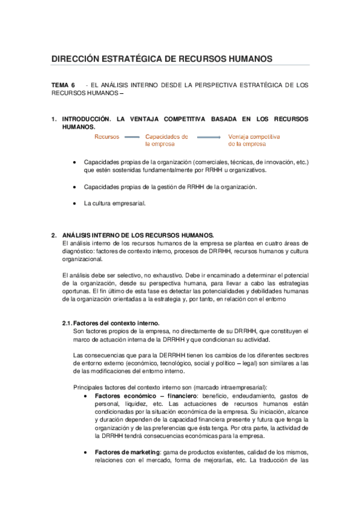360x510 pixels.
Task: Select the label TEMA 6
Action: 63,85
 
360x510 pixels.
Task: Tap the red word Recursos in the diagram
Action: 106,137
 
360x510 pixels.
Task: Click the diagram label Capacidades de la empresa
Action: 166,141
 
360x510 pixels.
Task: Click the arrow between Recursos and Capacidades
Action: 132,137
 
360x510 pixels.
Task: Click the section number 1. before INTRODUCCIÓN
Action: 54,119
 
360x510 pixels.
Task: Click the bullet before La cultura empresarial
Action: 74,203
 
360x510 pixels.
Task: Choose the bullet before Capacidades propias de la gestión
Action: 74,187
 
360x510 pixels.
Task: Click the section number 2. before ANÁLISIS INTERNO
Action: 54,235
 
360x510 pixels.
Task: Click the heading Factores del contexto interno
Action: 120,323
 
